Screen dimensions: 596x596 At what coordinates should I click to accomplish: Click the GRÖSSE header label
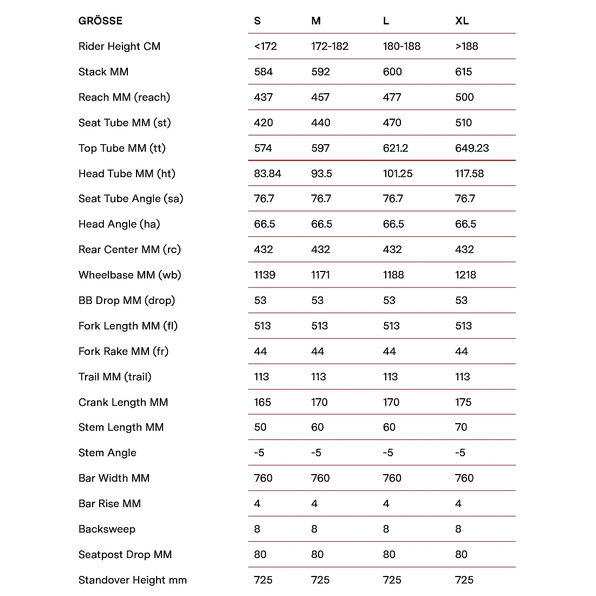click(100, 21)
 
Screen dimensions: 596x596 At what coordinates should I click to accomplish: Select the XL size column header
click(462, 21)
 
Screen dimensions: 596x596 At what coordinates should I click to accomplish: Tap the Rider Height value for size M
click(329, 47)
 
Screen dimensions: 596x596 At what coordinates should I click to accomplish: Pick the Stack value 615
click(463, 72)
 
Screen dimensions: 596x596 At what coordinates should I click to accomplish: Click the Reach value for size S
click(263, 98)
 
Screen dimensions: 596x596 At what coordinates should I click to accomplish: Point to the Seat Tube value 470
click(392, 123)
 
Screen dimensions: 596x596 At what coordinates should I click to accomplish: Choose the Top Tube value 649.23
click(471, 148)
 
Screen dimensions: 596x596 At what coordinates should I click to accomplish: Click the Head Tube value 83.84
click(267, 174)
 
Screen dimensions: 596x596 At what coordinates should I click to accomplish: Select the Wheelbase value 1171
click(320, 275)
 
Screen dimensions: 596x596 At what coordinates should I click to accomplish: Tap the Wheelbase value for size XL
click(465, 275)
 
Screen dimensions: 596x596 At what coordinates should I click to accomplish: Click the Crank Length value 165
click(262, 403)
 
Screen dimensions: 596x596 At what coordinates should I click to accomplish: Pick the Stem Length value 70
click(461, 427)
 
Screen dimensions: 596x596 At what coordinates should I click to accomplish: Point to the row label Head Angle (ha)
click(119, 224)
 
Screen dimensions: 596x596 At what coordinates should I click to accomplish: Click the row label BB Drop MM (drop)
click(127, 301)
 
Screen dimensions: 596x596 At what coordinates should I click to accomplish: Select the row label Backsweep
click(107, 529)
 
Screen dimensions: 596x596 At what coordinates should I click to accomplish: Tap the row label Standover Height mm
click(133, 580)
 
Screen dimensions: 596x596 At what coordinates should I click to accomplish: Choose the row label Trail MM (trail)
click(115, 377)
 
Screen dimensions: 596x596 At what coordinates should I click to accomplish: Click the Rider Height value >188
click(467, 47)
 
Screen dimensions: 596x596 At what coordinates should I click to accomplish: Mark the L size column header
click(386, 21)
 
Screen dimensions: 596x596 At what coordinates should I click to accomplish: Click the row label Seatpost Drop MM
click(125, 555)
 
